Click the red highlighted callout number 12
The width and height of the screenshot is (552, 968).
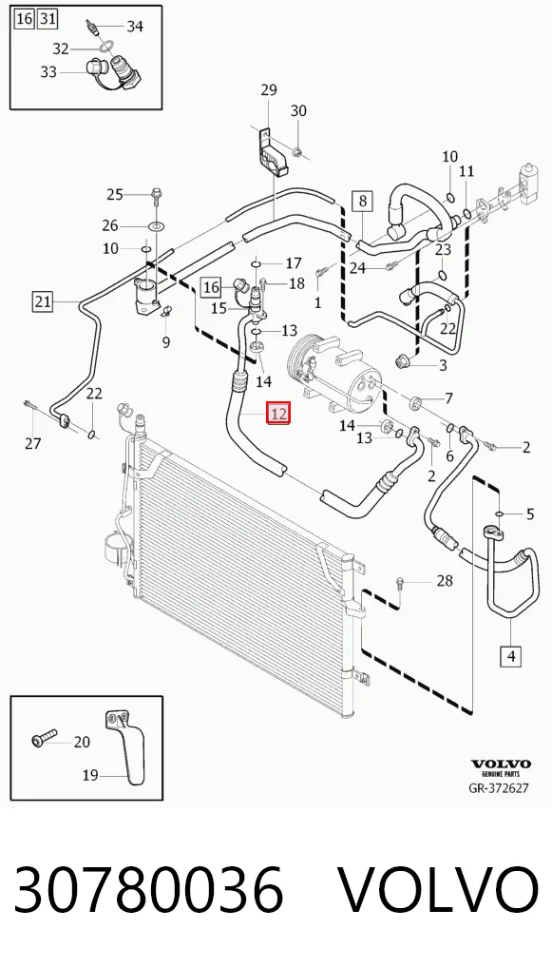[278, 413]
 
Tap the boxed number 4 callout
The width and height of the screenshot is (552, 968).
[511, 655]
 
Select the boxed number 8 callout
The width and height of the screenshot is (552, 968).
[363, 201]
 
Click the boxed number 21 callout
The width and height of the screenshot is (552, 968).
[43, 301]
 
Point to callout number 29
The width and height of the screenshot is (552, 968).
[269, 90]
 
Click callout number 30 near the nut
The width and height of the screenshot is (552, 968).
[298, 111]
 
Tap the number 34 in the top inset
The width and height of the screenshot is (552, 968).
[135, 26]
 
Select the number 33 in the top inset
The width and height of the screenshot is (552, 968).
[48, 72]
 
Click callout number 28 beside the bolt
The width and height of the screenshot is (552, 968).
[445, 581]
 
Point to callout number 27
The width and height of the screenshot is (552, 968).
[33, 443]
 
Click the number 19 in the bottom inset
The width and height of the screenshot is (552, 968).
[90, 775]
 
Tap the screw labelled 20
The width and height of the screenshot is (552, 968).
[44, 737]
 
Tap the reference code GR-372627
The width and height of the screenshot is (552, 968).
[499, 788]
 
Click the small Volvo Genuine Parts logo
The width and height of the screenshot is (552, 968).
[501, 767]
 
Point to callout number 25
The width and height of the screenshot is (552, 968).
[115, 195]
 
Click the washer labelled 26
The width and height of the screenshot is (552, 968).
[157, 226]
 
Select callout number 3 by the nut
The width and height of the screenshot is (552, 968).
[443, 365]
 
